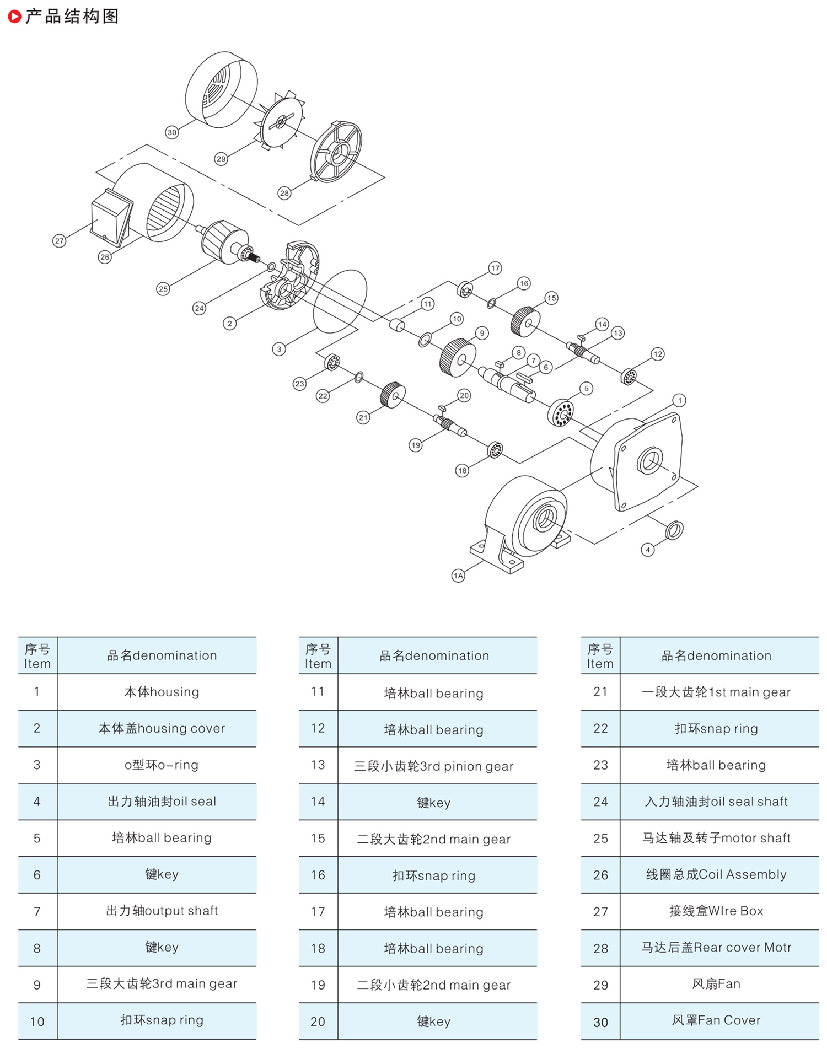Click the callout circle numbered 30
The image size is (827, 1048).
pyautogui.click(x=172, y=132)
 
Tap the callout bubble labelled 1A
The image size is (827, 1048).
pyautogui.click(x=458, y=576)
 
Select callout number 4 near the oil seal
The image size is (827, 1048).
pyautogui.click(x=648, y=550)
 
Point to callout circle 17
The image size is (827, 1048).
pyautogui.click(x=495, y=268)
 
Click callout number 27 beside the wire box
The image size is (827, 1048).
pyautogui.click(x=59, y=241)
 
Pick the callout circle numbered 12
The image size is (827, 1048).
pyautogui.click(x=657, y=354)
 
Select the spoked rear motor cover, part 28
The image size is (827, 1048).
pyautogui.click(x=336, y=152)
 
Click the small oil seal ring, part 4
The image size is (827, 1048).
pyautogui.click(x=674, y=530)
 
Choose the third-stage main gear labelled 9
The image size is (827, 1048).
pyautogui.click(x=458, y=358)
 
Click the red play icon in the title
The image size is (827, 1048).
pyautogui.click(x=15, y=17)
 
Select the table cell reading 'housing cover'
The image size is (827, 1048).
pyautogui.click(x=162, y=728)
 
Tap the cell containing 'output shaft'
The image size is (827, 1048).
pyautogui.click(x=162, y=911)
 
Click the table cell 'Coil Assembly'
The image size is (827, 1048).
pyautogui.click(x=716, y=874)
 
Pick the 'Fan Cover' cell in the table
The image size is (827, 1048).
pyautogui.click(x=716, y=1020)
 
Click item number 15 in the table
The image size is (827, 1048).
pyautogui.click(x=318, y=839)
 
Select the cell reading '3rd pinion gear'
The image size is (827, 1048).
pyautogui.click(x=433, y=766)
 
